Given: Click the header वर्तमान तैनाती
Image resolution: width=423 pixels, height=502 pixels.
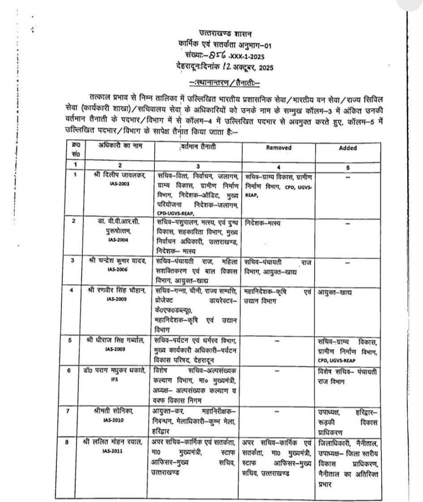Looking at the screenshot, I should (198, 146).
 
